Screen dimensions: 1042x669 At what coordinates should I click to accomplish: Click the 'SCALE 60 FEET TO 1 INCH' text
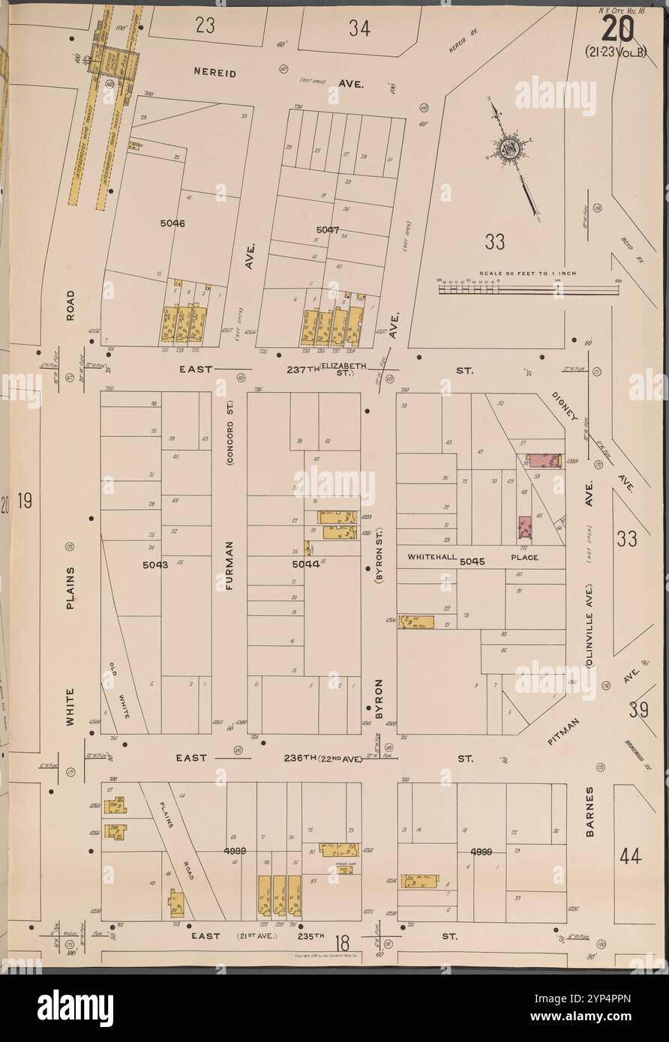point(528,273)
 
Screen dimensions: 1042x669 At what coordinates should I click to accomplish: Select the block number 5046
point(172,223)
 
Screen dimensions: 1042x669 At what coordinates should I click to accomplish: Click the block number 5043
point(155,565)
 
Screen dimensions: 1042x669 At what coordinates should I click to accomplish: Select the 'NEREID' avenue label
point(215,74)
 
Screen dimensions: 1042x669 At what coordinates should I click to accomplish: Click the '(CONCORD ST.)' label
point(230,434)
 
